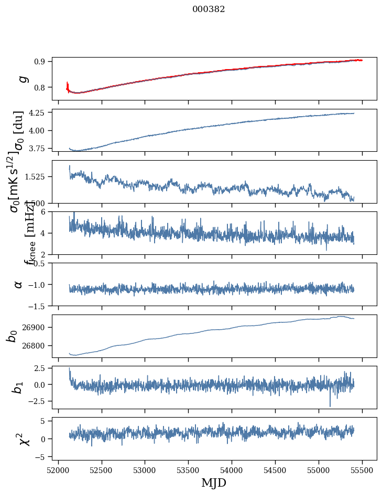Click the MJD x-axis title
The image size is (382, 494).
(214, 482)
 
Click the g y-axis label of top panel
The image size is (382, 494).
(23, 78)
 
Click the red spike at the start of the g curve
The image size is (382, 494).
(68, 85)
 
